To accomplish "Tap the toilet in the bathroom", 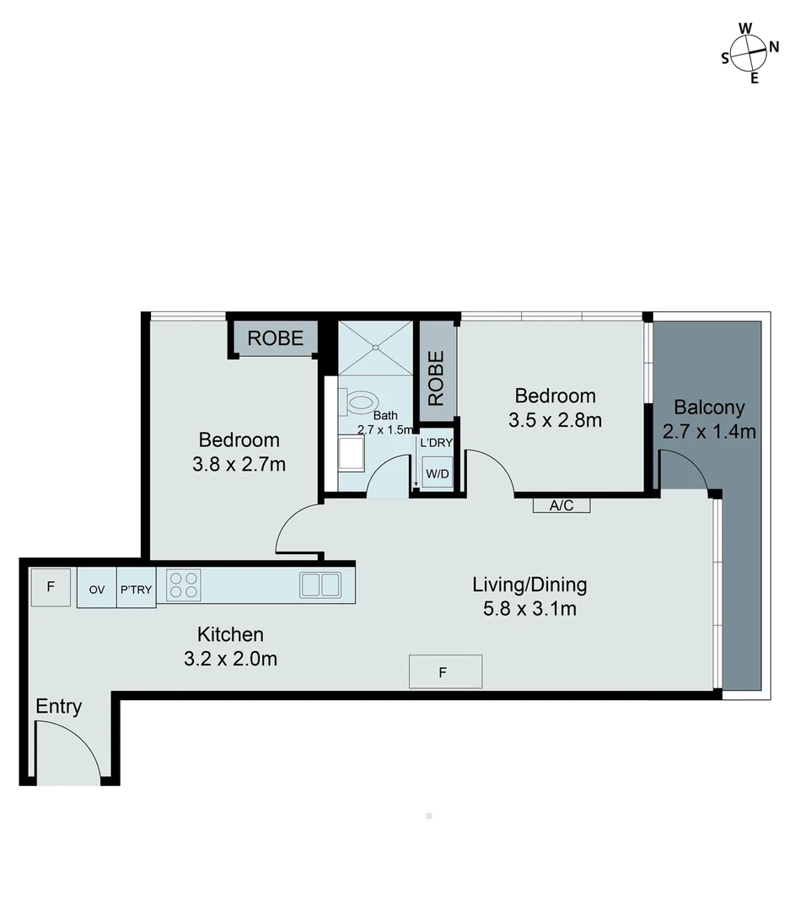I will coord(362,400).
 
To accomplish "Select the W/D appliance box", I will coord(438,474).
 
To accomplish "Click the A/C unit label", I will coord(561,506).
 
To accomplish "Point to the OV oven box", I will coord(97,590).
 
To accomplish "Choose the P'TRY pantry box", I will coord(136,590).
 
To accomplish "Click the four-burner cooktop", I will coord(184,585).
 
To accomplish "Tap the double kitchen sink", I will coord(320,584).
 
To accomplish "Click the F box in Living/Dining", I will coord(445,671).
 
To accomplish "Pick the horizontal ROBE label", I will coord(275,338).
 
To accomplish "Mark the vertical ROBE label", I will coord(436,379).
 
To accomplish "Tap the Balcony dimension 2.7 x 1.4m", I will coord(709,432).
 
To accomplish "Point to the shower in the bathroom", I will coord(376,348).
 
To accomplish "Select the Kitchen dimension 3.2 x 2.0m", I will coord(230,660).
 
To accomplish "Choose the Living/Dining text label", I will coord(529,584).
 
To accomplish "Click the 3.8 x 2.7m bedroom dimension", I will coord(239,464).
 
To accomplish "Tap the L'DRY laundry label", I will coord(437,443).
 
